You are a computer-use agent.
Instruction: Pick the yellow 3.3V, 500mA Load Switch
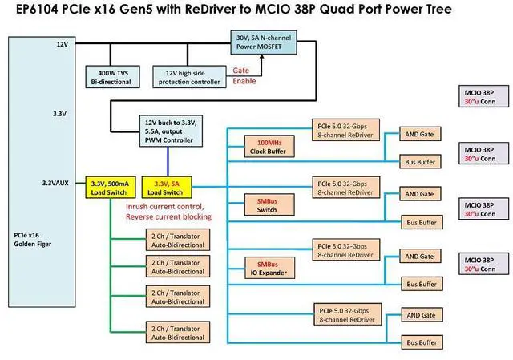(109, 187)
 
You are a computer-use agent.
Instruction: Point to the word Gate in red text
(240, 71)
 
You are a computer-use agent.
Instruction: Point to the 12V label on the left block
(62, 44)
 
